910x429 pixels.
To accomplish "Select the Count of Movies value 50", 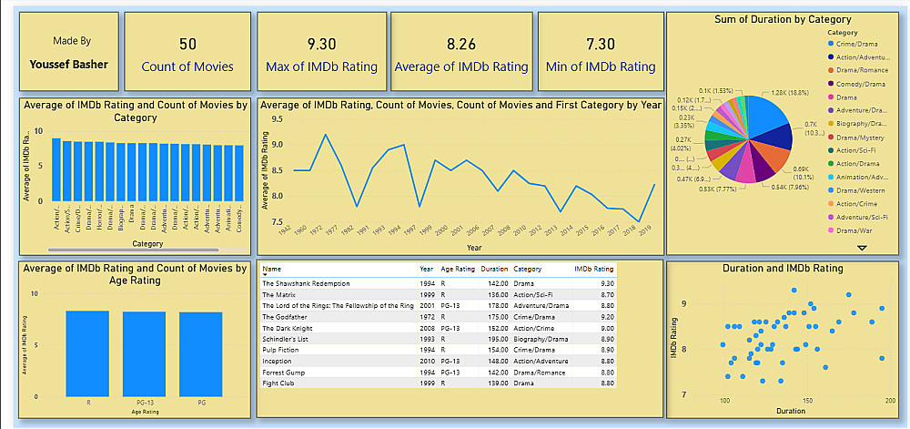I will pos(187,44).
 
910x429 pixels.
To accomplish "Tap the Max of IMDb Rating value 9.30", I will pos(321,44).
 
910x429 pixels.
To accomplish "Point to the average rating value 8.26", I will pos(461,44).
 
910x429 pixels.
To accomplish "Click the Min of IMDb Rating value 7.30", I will pos(601,44).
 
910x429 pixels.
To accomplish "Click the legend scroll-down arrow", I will pos(862,247).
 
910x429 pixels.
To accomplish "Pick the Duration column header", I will pos(494,270).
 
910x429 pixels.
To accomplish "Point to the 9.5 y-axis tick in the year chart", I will pos(277,118).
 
